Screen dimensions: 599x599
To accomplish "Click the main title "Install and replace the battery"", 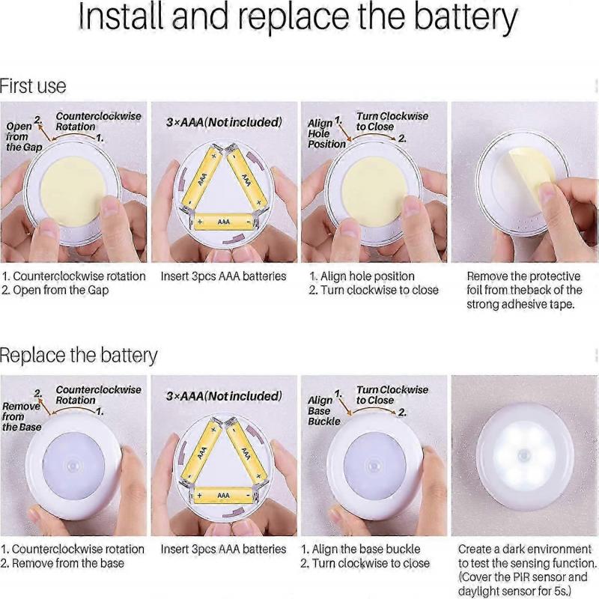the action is tap(297, 18).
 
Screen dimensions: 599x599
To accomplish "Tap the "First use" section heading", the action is tap(33, 86).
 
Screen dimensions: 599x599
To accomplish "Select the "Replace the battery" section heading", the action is tap(79, 355).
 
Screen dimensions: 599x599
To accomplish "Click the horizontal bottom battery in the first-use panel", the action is tap(224, 222).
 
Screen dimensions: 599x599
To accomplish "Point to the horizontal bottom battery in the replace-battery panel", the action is tap(224, 496).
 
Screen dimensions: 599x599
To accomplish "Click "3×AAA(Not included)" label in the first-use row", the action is tap(224, 122).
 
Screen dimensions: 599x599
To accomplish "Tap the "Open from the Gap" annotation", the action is tap(24, 136).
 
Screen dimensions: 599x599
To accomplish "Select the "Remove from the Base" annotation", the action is tap(22, 416).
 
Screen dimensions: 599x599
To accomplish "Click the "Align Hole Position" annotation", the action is tap(326, 133).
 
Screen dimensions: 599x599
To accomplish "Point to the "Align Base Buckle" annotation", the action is tap(324, 410).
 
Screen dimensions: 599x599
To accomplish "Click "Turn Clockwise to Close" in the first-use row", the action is tap(392, 121).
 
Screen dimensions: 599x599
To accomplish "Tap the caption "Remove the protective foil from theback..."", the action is tap(524, 291).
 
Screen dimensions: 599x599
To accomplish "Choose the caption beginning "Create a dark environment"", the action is tap(527, 570).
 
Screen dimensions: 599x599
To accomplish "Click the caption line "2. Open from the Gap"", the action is tap(55, 291).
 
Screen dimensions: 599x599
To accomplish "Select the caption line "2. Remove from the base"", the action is tap(62, 563).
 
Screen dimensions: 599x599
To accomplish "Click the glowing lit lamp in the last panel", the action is tap(526, 457).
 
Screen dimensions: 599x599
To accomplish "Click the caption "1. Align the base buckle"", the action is tap(361, 550).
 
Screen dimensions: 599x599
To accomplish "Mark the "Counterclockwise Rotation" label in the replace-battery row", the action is tap(99, 395).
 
